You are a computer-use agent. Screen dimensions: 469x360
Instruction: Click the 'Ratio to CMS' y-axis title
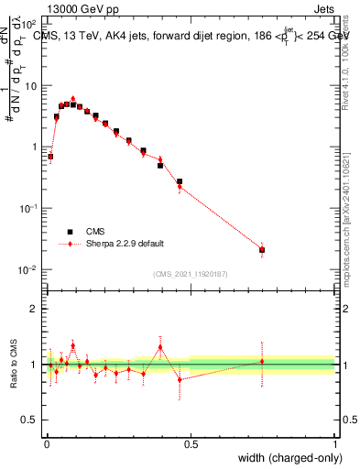click(x=12, y=365)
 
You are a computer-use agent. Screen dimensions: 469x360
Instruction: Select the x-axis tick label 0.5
click(x=191, y=443)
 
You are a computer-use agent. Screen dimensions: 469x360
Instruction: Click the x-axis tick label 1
click(x=334, y=443)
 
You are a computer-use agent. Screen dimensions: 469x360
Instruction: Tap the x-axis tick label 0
click(x=47, y=443)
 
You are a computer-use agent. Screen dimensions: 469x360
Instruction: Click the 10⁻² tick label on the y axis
click(x=27, y=269)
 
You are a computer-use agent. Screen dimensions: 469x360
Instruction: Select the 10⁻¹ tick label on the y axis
click(x=27, y=208)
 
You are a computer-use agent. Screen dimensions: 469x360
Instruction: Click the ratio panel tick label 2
click(x=36, y=309)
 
